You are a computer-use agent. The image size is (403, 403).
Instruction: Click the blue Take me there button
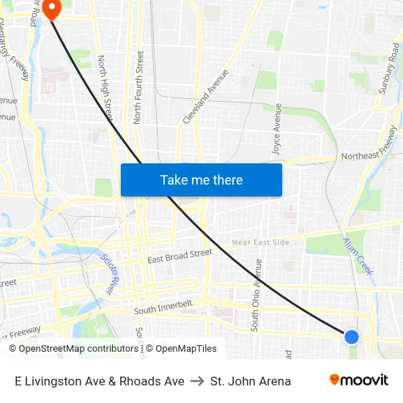pyautogui.click(x=202, y=180)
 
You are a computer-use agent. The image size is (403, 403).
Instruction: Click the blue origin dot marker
pyautogui.click(x=352, y=336)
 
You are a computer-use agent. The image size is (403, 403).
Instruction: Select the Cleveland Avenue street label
pyautogui.click(x=206, y=96)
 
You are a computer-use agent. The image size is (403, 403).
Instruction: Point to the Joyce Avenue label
pyautogui.click(x=277, y=128)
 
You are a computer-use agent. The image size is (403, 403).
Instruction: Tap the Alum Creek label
pyautogui.click(x=359, y=256)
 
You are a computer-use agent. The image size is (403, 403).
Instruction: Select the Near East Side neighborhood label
pyautogui.click(x=260, y=243)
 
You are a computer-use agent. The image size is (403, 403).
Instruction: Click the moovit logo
pyautogui.click(x=359, y=380)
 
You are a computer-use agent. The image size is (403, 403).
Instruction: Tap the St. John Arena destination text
pyautogui.click(x=251, y=381)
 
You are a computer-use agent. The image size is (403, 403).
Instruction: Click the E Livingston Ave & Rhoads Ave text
pyautogui.click(x=100, y=381)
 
